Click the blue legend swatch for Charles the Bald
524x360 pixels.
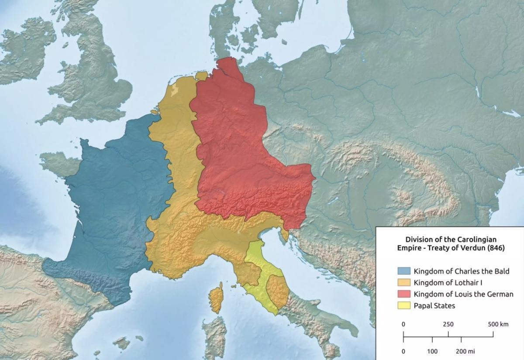point(404,271)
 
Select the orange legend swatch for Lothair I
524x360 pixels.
point(404,283)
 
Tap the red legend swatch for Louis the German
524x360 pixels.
point(404,294)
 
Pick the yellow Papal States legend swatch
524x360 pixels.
point(404,305)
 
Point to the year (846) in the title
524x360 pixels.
point(496,248)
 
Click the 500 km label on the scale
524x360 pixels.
point(498,324)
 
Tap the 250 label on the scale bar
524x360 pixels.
point(448,324)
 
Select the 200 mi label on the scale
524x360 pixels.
point(465,351)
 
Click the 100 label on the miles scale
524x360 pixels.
point(432,351)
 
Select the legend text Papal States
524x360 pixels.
point(434,305)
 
